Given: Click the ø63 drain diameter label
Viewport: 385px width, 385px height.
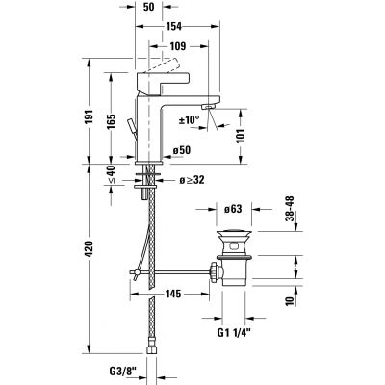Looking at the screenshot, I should [231, 206].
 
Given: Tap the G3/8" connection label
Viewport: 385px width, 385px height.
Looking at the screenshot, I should [123, 369].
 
